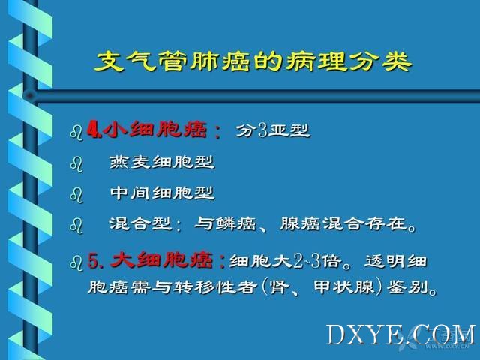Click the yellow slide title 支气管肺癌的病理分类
(x=253, y=61)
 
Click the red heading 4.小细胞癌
(x=147, y=130)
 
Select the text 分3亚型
(x=273, y=130)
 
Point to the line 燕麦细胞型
(x=162, y=162)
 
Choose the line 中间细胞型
(x=162, y=193)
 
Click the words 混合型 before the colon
(x=140, y=223)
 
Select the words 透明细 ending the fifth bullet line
(x=395, y=261)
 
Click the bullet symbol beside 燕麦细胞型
(x=76, y=164)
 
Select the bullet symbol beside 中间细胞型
(x=76, y=195)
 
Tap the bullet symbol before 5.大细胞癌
(x=76, y=263)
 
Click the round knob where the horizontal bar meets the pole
(x=30, y=95)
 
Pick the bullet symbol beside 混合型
(x=76, y=226)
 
